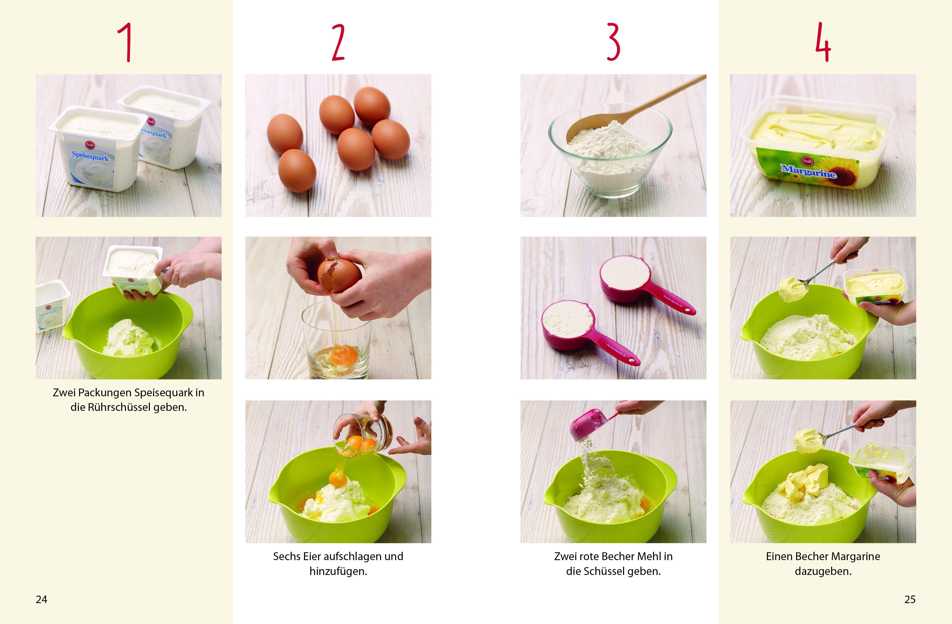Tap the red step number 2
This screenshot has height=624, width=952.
tap(338, 42)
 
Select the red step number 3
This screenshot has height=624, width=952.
tap(613, 42)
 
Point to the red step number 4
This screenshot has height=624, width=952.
tap(823, 42)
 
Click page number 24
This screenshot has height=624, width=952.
tap(42, 599)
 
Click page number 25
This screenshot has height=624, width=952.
tap(910, 599)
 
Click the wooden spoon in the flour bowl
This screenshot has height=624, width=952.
tap(636, 108)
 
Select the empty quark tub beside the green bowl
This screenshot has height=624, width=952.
tap(52, 305)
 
